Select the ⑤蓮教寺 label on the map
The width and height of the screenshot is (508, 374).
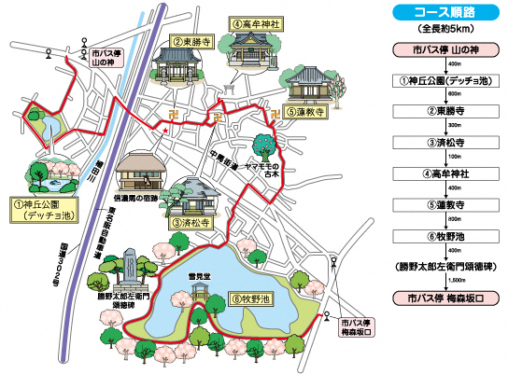coord(304,110)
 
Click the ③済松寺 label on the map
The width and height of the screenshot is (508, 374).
coord(189,223)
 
